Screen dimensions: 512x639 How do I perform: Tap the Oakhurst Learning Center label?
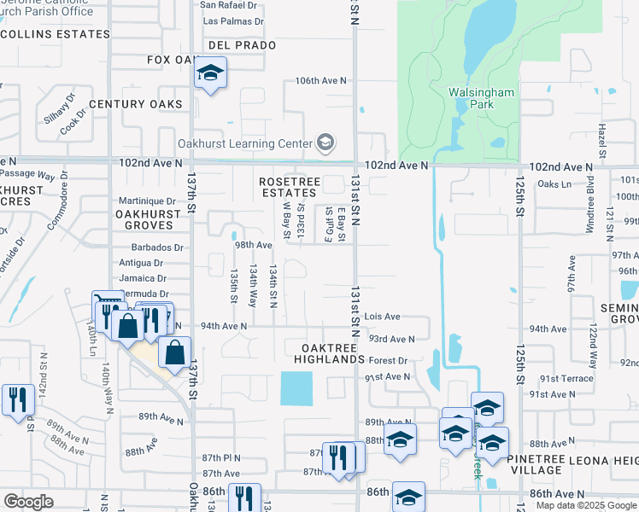(244, 143)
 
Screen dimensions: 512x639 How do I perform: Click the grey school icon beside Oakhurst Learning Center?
(325, 143)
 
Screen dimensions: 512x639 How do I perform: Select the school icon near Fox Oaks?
(209, 73)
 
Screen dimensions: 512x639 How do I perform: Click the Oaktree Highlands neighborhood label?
(329, 353)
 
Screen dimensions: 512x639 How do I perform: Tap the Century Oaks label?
(136, 104)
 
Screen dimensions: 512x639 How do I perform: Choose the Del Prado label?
(241, 44)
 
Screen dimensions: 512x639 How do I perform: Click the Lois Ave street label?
(383, 317)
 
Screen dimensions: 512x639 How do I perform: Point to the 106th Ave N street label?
(321, 80)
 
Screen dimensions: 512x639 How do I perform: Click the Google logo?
(28, 502)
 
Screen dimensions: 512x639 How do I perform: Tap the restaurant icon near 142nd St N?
(17, 399)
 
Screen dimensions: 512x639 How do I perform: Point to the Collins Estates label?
(56, 34)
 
